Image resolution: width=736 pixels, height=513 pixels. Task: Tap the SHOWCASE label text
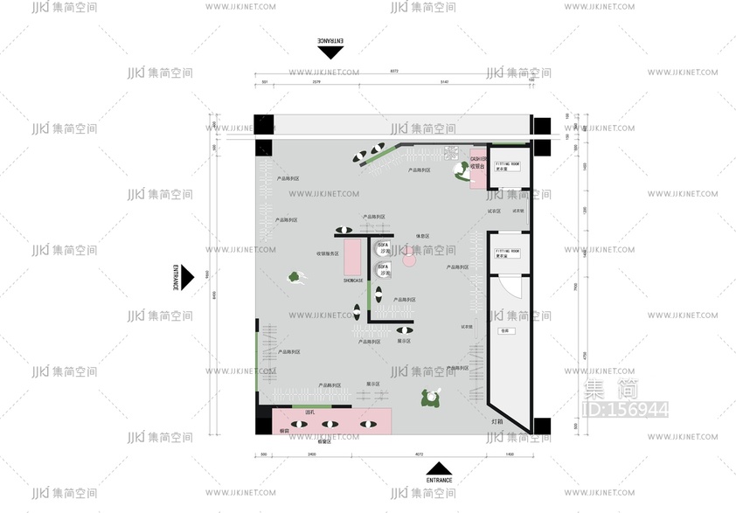[353, 281]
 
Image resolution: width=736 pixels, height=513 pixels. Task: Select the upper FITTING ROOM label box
[508, 167]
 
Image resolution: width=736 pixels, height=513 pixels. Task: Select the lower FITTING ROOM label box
[508, 253]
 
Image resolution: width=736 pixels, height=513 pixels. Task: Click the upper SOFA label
[384, 248]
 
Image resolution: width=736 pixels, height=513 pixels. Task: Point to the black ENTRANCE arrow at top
[331, 52]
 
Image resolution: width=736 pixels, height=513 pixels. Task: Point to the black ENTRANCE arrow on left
[185, 278]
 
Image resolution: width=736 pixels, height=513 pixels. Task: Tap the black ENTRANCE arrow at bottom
[440, 468]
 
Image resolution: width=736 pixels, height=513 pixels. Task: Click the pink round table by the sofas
[407, 260]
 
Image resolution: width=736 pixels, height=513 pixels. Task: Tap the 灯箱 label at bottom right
[496, 422]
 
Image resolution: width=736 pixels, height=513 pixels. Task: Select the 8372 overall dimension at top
[394, 71]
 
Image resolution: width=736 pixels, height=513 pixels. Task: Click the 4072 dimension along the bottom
[419, 454]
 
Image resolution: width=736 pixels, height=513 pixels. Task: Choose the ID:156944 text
[625, 409]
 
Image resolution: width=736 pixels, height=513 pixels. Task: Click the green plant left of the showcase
[296, 277]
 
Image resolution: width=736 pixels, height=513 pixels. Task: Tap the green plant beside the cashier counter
[462, 172]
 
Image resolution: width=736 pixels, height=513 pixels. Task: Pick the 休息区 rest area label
[422, 236]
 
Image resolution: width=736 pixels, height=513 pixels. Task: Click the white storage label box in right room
[504, 331]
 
